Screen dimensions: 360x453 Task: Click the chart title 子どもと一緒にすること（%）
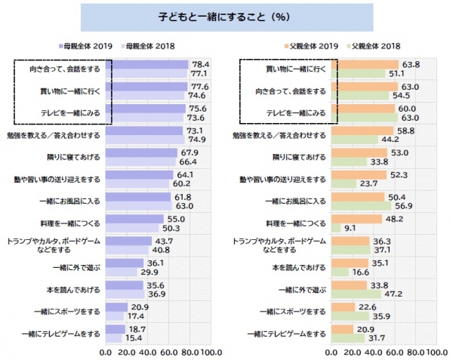click(226, 16)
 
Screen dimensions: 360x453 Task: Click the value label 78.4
click(201, 65)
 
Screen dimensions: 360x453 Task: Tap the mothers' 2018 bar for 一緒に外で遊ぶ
click(122, 271)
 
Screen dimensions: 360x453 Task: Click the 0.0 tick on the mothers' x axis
click(106, 352)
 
